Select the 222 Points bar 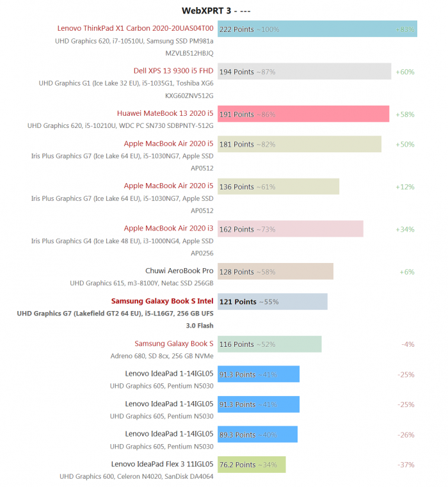tap(317, 29)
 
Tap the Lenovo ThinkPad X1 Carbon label tap(135, 28)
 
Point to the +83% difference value tap(405, 29)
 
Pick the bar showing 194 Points tap(304, 72)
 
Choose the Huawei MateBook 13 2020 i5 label tap(165, 113)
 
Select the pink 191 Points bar tap(303, 114)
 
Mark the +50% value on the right tap(405, 144)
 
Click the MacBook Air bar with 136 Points tap(278, 187)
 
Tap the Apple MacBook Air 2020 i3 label tap(168, 228)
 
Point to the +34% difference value tap(405, 229)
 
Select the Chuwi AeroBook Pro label tap(179, 271)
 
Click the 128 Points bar tap(275, 271)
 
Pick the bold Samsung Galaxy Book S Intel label tap(162, 301)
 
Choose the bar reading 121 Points tap(272, 301)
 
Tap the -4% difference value tap(408, 344)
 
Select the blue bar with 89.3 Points tap(257, 435)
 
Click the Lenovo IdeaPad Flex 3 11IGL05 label tap(162, 464)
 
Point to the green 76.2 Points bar tap(252, 465)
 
